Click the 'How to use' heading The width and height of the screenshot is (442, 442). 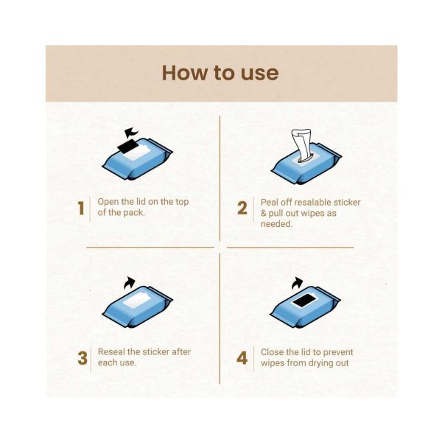click(220, 73)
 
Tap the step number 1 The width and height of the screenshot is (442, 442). click(81, 208)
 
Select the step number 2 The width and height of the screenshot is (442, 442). click(242, 208)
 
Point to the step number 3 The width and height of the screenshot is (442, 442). click(83, 358)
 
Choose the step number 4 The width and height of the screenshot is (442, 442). click(242, 358)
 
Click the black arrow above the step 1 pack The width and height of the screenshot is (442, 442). click(131, 133)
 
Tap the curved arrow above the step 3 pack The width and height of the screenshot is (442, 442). click(129, 282)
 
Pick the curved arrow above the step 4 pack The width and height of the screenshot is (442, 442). click(297, 283)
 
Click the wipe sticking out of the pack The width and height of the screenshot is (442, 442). click(302, 145)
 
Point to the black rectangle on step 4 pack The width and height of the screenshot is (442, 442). click(304, 301)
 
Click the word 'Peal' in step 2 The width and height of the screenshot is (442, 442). click(268, 203)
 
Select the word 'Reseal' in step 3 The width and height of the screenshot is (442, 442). click(111, 352)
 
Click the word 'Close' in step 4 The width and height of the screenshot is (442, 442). click(272, 352)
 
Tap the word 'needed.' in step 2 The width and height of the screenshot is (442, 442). click(276, 224)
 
